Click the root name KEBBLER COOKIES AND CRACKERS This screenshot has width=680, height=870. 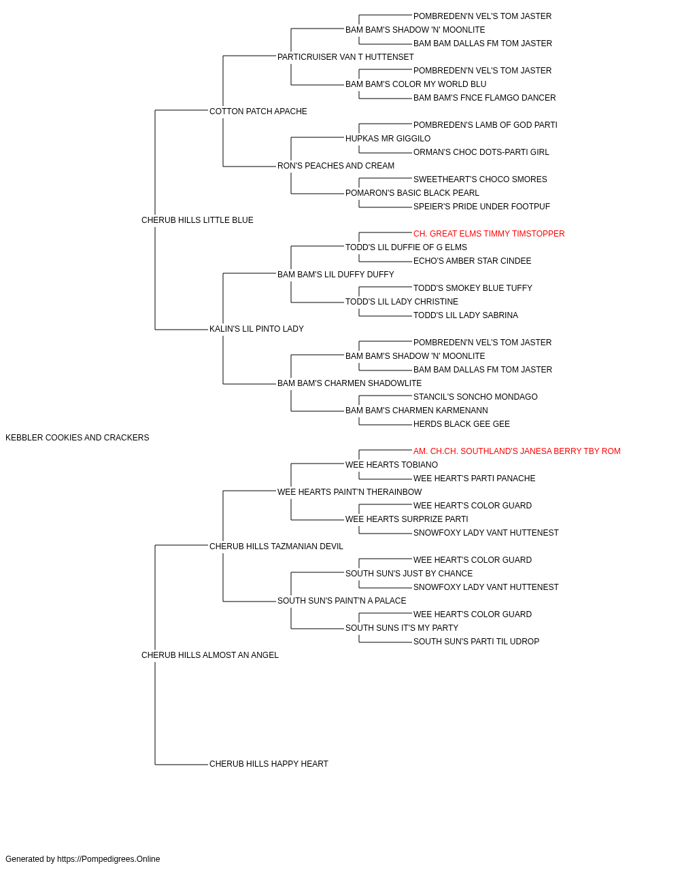coord(78,438)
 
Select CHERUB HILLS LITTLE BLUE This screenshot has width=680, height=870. coord(197,220)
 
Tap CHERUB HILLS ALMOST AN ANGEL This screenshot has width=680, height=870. coord(210,655)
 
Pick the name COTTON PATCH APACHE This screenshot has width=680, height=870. coord(258,111)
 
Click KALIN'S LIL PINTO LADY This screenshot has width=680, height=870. coord(257,329)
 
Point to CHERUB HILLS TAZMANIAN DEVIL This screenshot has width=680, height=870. coord(276,546)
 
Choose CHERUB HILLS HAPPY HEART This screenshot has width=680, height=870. coord(269,764)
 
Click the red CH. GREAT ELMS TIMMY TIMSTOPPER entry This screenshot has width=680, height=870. coord(489,234)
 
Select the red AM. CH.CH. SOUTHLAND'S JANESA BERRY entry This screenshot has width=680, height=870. coord(517,451)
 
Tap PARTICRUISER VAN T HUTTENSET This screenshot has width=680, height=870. coord(345,57)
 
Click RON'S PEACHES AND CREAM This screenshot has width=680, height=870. coord(336,166)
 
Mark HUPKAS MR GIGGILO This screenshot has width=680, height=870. coord(388,139)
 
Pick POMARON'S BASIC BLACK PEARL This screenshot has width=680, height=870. coord(413,193)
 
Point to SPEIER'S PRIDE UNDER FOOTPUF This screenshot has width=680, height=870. coord(481,207)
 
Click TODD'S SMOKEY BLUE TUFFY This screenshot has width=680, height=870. coord(473,288)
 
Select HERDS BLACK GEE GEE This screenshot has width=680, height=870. coord(462,424)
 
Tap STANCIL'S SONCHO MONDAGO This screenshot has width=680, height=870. coord(475,397)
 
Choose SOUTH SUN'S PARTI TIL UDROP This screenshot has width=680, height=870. coord(477,642)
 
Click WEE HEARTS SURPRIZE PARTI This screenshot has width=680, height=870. coord(407,519)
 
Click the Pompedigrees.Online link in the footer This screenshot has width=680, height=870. coord(109,859)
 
